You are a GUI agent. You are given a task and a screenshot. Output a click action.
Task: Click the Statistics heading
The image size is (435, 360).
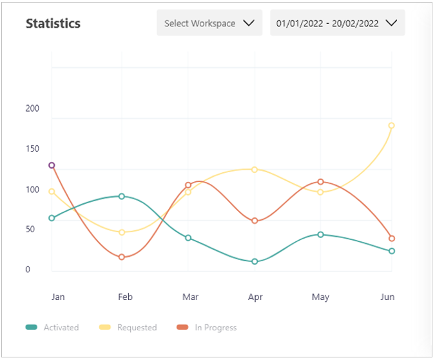(53, 23)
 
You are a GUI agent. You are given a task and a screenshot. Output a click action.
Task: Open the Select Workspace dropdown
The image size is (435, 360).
(209, 23)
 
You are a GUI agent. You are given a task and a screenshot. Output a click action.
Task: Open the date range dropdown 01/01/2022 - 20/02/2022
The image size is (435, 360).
(337, 23)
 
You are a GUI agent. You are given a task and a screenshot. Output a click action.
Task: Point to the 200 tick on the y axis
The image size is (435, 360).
(32, 108)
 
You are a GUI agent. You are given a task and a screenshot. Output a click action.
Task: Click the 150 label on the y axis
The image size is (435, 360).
(32, 149)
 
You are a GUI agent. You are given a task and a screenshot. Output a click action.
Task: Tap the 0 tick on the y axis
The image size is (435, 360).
(28, 270)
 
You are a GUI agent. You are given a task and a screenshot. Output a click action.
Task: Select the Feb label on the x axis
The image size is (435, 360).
(125, 297)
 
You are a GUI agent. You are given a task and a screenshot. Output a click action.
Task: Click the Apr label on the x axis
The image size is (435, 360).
(255, 297)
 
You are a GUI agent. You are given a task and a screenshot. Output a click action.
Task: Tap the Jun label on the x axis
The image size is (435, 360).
(387, 297)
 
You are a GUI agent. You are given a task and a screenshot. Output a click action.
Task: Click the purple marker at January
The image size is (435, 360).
(52, 165)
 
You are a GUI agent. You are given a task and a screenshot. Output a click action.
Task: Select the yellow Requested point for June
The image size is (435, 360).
(391, 125)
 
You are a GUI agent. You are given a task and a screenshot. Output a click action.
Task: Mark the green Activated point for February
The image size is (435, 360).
(121, 196)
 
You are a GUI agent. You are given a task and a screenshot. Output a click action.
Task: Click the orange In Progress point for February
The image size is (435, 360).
(121, 257)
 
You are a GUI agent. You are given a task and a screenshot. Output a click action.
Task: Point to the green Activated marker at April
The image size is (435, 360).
(255, 261)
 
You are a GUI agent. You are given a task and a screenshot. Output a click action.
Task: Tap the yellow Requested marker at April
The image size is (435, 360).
(255, 170)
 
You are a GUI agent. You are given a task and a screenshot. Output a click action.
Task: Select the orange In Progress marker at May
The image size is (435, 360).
(320, 182)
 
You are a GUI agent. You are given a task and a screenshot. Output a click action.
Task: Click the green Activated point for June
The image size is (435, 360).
(391, 251)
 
